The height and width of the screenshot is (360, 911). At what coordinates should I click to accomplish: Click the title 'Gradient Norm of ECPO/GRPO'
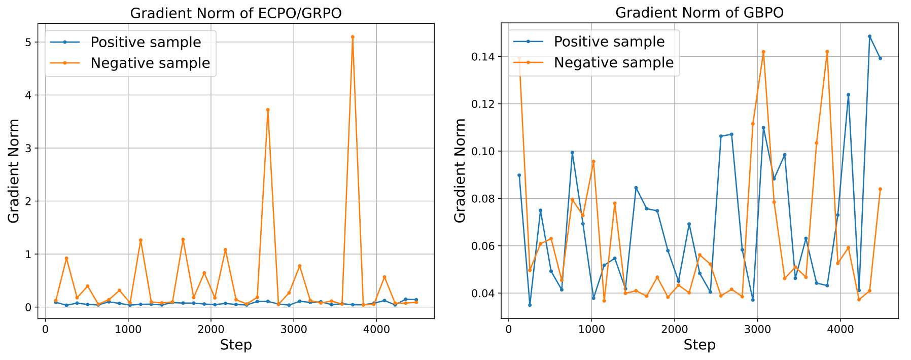click(236, 13)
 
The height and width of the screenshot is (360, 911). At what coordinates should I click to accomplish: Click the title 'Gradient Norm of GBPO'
click(699, 13)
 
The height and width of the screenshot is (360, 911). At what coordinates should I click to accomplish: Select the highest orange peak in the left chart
click(353, 37)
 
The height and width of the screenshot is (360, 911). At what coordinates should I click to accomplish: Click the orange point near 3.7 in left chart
click(268, 110)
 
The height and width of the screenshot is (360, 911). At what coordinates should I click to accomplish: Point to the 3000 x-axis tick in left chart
click(293, 329)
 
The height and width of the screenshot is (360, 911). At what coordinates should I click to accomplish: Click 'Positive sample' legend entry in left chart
click(146, 42)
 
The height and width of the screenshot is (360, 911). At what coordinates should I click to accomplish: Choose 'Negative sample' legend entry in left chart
click(150, 63)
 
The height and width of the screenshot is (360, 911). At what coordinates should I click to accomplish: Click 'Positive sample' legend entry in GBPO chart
click(609, 42)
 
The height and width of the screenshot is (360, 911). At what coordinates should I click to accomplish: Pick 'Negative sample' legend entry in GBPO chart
click(614, 62)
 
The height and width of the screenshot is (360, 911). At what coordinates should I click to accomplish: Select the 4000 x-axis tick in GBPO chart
click(840, 329)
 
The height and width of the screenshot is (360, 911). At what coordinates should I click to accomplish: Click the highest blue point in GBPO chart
click(869, 37)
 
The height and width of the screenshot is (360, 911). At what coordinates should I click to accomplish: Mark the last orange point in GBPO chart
click(880, 189)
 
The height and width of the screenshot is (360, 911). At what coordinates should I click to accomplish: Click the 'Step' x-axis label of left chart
click(236, 345)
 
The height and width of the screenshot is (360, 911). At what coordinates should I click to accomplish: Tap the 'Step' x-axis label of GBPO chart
click(699, 345)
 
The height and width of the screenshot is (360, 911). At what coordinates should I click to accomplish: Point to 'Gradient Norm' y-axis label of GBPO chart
click(460, 170)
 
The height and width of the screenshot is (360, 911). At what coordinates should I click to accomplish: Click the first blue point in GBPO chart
click(519, 175)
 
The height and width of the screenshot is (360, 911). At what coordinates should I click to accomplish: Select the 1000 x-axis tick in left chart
click(128, 329)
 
